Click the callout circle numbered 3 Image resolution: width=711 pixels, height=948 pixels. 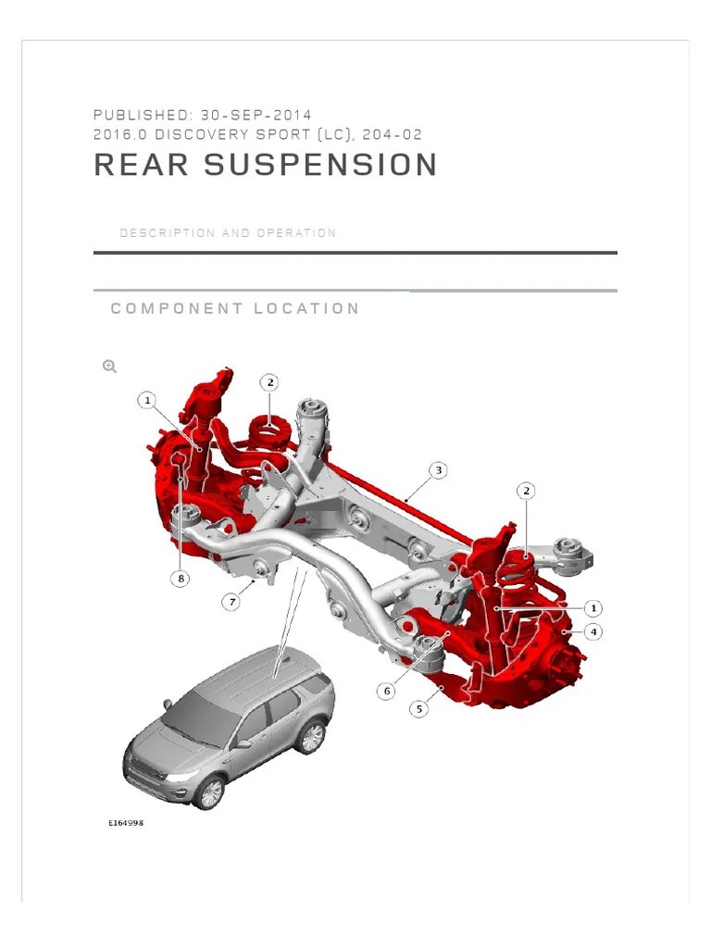click(x=439, y=470)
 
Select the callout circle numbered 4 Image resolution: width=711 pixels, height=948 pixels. click(x=592, y=631)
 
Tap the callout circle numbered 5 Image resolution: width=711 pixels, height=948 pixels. click(x=419, y=709)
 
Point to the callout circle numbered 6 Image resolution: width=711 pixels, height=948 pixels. click(x=387, y=691)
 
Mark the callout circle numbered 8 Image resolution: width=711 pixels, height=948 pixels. click(x=181, y=579)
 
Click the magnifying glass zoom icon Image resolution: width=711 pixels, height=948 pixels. click(x=109, y=367)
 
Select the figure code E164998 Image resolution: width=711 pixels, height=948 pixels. click(x=126, y=823)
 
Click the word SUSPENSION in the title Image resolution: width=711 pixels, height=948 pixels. click(x=320, y=166)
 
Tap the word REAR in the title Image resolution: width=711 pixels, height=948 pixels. click(x=142, y=166)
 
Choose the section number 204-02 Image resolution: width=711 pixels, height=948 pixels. click(x=393, y=134)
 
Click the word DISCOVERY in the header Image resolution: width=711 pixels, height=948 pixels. click(x=202, y=134)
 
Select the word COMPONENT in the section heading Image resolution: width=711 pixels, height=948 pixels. click(x=171, y=308)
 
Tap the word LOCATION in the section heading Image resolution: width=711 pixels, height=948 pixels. click(x=308, y=308)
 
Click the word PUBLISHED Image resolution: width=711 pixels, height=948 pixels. click(x=142, y=115)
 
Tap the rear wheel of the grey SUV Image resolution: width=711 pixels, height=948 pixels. click(x=311, y=737)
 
